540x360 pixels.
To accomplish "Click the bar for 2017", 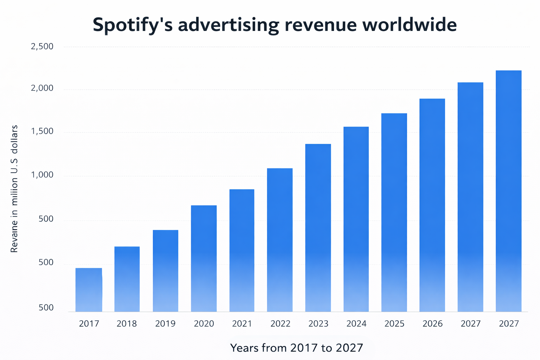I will [89, 290].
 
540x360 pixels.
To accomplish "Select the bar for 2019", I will [166, 271].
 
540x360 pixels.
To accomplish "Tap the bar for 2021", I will [242, 250].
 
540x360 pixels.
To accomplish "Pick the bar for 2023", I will [318, 228].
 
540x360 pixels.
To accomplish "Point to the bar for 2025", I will [394, 212].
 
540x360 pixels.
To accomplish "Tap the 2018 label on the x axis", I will [127, 324].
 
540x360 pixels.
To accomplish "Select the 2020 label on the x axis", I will [204, 324].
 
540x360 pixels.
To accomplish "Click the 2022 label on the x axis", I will [280, 324].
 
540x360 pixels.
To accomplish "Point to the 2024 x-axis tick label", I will [356, 324].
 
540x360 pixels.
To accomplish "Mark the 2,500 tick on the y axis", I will [42, 47].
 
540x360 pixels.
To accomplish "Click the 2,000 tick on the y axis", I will [42, 89].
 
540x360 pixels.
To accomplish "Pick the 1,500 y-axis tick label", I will [42, 132].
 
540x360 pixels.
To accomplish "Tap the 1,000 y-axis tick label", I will [42, 175].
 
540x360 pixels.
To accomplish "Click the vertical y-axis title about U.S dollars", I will [14, 189].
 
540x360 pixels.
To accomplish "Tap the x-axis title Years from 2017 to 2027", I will [296, 348].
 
